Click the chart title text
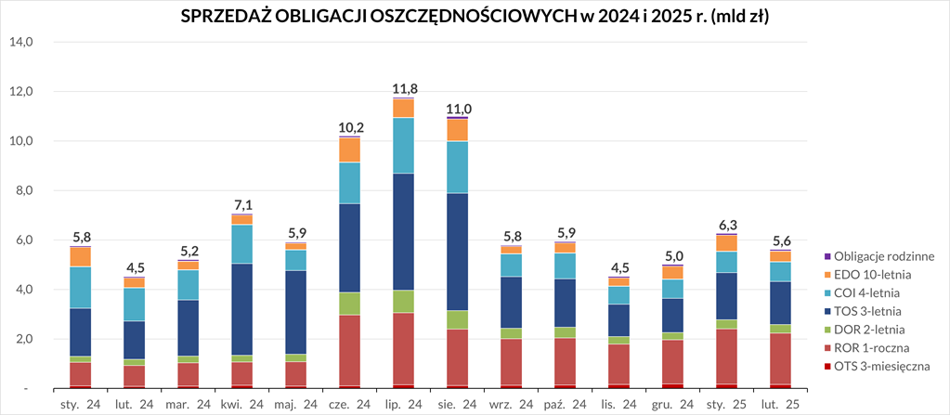(x=475, y=17)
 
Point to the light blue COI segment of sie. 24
(x=457, y=167)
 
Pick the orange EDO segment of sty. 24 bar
(x=80, y=256)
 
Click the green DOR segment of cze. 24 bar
(x=349, y=304)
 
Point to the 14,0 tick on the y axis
(x=20, y=43)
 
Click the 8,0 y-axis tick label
(x=20, y=191)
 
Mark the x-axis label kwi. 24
(x=241, y=404)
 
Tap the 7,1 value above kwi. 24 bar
(x=241, y=205)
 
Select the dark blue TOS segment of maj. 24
(x=295, y=312)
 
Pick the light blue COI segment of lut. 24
(x=134, y=305)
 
